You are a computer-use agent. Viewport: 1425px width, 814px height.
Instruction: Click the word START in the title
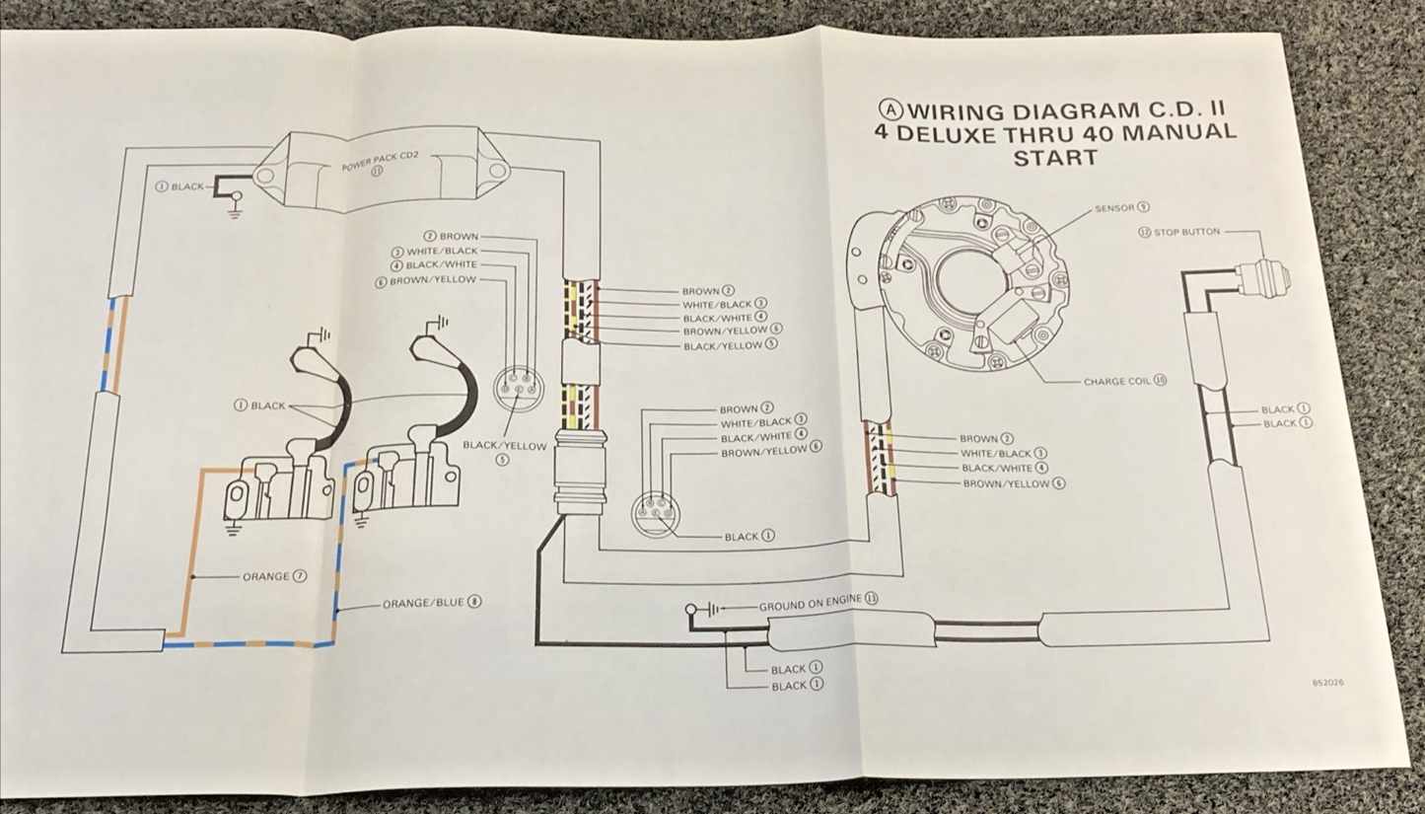pyautogui.click(x=1055, y=157)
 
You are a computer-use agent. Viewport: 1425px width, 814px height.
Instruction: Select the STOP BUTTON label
pyautogui.click(x=1178, y=232)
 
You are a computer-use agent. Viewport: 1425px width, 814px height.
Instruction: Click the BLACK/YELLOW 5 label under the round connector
pyautogui.click(x=503, y=451)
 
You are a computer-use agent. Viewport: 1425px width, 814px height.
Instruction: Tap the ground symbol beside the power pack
pyautogui.click(x=235, y=209)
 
